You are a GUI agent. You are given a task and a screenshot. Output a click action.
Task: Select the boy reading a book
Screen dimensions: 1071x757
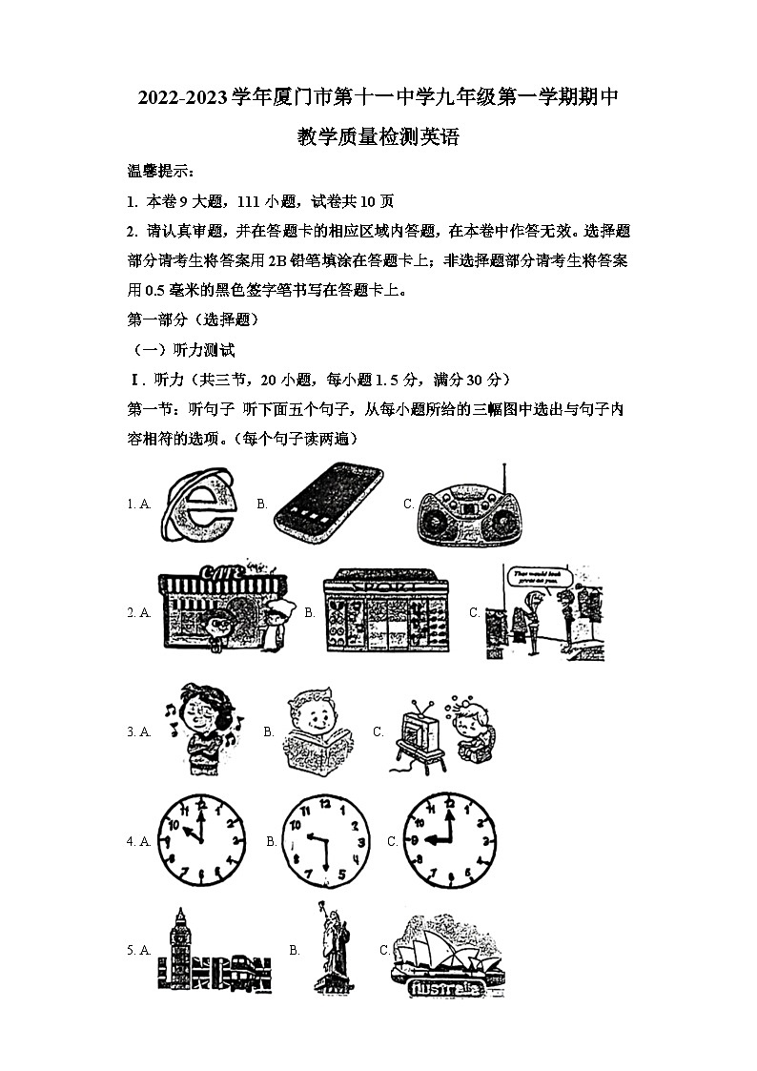pos(317,732)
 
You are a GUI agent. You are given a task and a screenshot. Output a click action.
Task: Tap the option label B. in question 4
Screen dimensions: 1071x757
pos(272,841)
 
